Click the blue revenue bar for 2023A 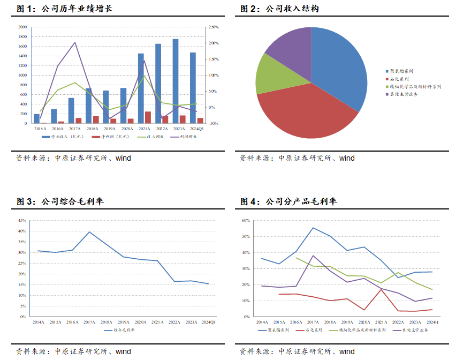point(176,80)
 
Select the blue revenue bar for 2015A point(36,118)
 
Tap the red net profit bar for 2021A point(148,117)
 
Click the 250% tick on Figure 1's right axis point(213,27)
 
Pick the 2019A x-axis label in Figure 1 point(110,129)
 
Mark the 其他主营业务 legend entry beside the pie point(404,94)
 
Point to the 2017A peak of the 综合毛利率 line point(89,232)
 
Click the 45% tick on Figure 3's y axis point(22,220)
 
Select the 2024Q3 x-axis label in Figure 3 point(208,322)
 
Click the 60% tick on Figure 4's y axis point(246,220)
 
